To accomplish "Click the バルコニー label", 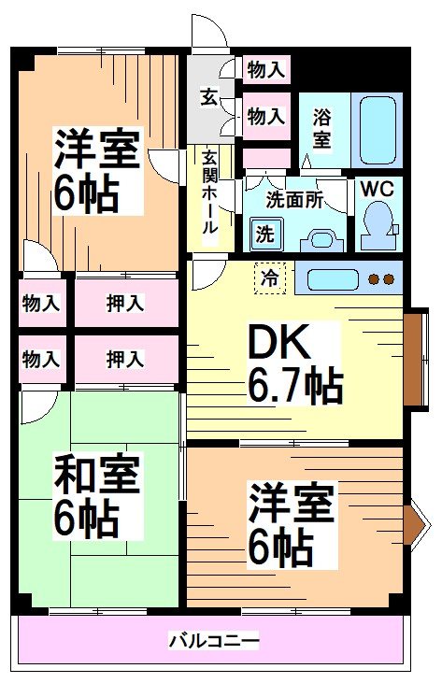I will click(213, 642).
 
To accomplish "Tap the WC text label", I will click(378, 188).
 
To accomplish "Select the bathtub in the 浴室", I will click(378, 131).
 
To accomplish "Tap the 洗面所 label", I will click(293, 199).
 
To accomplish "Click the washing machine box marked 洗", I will click(265, 233).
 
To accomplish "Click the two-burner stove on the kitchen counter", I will click(380, 278).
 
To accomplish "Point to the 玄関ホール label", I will click(210, 192).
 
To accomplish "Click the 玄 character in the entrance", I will click(209, 95).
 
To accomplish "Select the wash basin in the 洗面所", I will click(322, 237).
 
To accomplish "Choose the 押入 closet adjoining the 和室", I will click(124, 358).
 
